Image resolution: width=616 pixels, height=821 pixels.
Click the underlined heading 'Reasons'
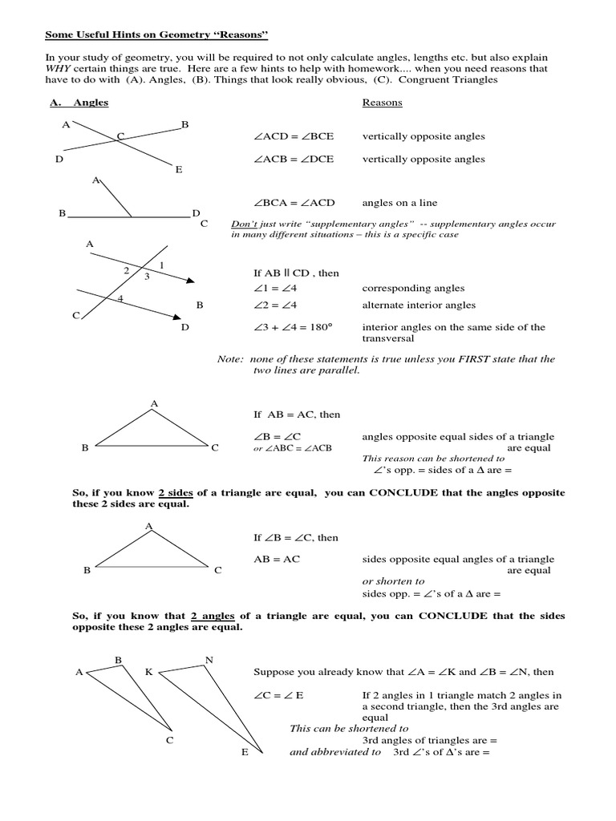(382, 103)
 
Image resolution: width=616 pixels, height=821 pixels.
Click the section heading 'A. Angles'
(79, 103)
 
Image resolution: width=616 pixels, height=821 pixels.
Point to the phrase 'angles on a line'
(399, 203)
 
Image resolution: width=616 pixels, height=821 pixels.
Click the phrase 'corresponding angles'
(413, 288)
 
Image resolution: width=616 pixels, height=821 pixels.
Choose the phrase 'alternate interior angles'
(419, 305)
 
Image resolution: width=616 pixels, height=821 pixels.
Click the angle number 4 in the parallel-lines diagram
(120, 298)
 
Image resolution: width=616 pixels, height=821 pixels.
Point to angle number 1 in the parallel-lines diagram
(162, 265)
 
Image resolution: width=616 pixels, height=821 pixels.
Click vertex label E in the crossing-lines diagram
(179, 170)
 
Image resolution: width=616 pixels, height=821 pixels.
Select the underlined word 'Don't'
(243, 224)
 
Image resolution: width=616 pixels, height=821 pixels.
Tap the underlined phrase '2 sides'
(175, 492)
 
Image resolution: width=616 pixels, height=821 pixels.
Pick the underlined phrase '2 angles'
(213, 616)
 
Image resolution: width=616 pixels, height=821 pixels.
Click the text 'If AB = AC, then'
(297, 415)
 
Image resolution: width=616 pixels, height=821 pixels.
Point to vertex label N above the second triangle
(209, 661)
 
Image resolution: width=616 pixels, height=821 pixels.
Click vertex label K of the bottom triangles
(148, 672)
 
